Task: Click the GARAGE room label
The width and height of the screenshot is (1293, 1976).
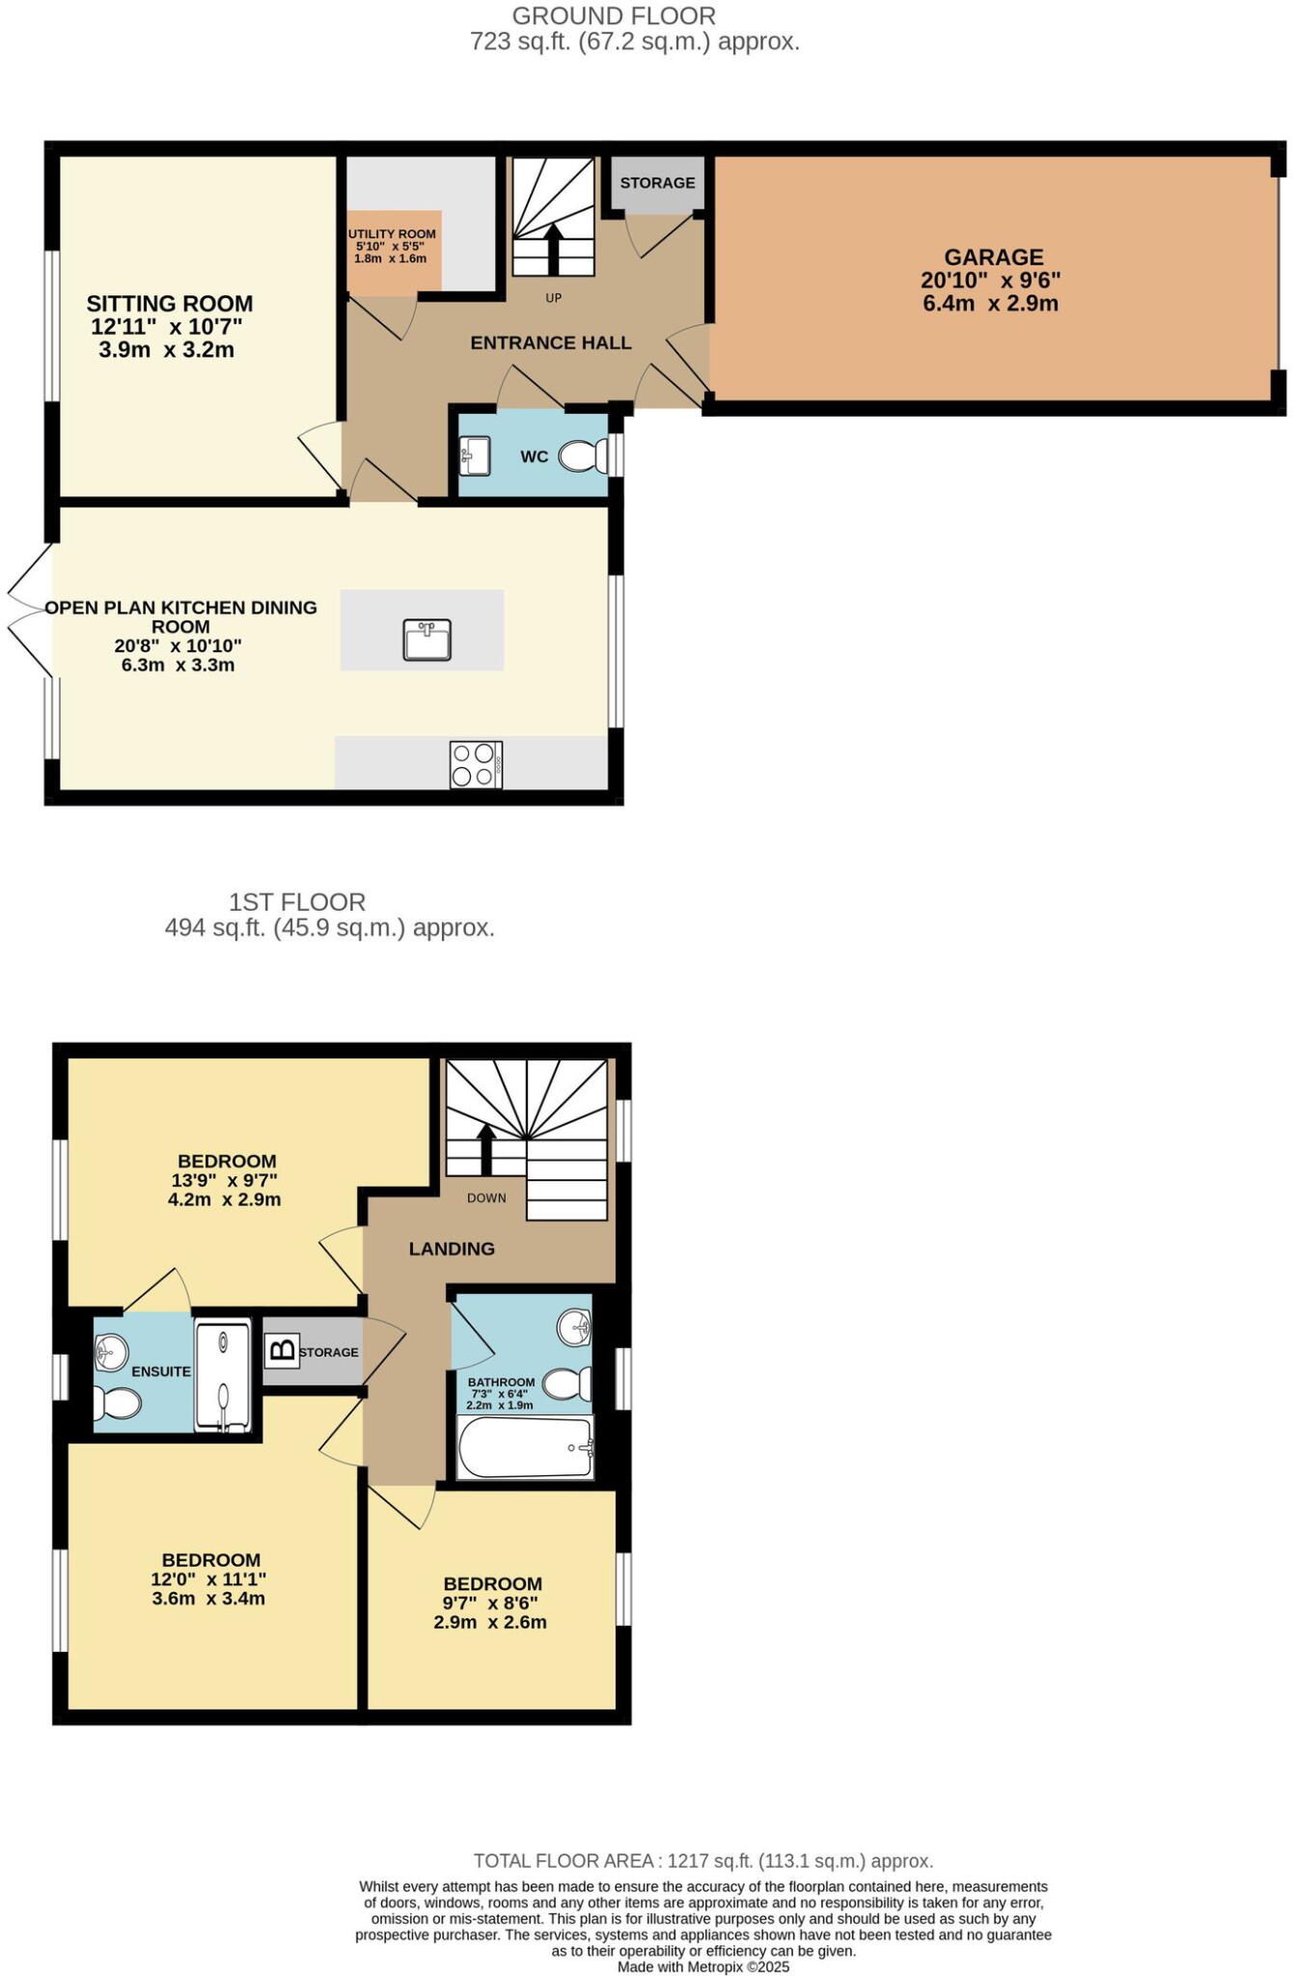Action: (993, 258)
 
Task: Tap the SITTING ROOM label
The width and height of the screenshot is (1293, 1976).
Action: (169, 304)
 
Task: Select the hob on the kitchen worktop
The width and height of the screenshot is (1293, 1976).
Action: (476, 764)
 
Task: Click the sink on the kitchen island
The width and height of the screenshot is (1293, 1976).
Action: (427, 639)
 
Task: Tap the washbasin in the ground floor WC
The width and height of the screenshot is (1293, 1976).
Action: (476, 454)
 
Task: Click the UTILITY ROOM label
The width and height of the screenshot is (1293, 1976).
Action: (392, 234)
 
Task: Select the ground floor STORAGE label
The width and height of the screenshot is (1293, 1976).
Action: (657, 183)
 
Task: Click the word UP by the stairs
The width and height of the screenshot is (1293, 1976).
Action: (553, 298)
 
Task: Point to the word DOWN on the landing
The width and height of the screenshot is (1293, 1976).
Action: (486, 1198)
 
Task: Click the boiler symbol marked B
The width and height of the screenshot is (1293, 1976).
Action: (281, 1350)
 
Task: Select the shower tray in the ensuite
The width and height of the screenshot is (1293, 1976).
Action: (223, 1376)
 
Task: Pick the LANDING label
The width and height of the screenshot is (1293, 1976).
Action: (452, 1249)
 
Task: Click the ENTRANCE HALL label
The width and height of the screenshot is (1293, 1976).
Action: (551, 343)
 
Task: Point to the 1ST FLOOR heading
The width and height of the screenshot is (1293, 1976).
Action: (297, 902)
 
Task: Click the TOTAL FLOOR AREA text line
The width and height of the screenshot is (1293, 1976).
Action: (702, 1861)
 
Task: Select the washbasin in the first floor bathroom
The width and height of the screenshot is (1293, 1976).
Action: (574, 1328)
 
